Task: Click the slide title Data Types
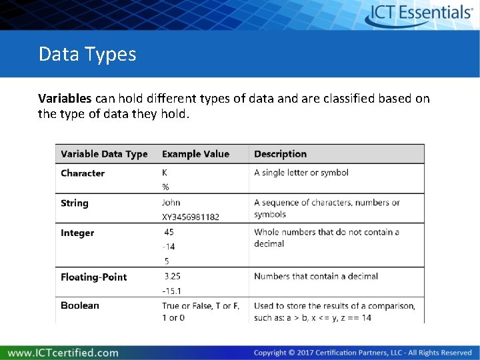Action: [x=87, y=54]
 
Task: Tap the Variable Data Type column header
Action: [x=104, y=154]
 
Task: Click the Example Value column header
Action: [x=195, y=154]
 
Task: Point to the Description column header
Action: [x=280, y=154]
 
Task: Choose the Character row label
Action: [x=83, y=173]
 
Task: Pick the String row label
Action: [x=74, y=203]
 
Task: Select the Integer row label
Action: [x=77, y=233]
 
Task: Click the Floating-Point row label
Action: [x=93, y=277]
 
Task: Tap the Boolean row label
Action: [x=79, y=306]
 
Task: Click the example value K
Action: [x=165, y=173]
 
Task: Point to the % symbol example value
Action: [x=165, y=187]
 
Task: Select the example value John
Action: [x=171, y=203]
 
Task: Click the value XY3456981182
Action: [x=190, y=217]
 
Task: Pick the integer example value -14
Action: [x=168, y=247]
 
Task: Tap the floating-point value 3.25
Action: [x=172, y=276]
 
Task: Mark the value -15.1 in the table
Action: [x=171, y=291]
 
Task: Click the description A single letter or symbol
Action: [x=301, y=173]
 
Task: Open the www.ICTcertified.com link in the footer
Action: [x=63, y=353]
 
